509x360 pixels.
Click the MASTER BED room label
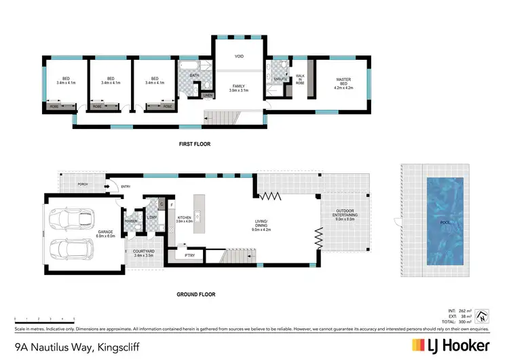click(x=343, y=82)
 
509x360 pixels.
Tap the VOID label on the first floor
click(x=239, y=56)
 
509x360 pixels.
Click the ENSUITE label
click(x=280, y=79)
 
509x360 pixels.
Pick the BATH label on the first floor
click(x=193, y=75)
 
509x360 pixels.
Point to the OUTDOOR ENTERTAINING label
click(x=345, y=214)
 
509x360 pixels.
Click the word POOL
click(x=445, y=221)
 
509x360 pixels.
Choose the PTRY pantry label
click(x=191, y=255)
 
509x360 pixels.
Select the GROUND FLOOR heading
click(x=196, y=294)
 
